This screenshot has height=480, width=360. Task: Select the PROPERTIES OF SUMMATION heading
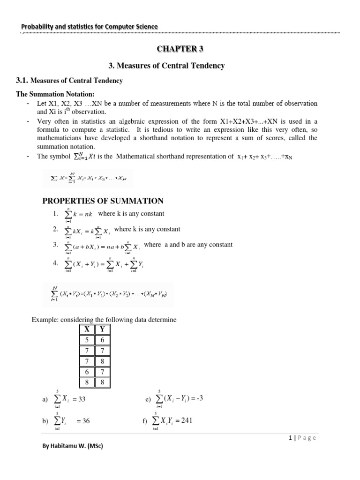click(x=103, y=201)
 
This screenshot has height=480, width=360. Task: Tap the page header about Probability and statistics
click(x=89, y=27)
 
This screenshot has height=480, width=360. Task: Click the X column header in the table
click(x=87, y=330)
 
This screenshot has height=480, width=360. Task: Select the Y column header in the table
click(x=103, y=330)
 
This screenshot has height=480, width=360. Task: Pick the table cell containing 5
click(x=87, y=340)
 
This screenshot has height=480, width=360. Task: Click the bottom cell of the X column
click(x=87, y=382)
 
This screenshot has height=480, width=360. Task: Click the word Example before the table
click(x=44, y=319)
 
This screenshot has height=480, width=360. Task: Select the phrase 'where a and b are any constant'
click(x=188, y=245)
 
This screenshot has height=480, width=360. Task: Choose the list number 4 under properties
click(x=55, y=263)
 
